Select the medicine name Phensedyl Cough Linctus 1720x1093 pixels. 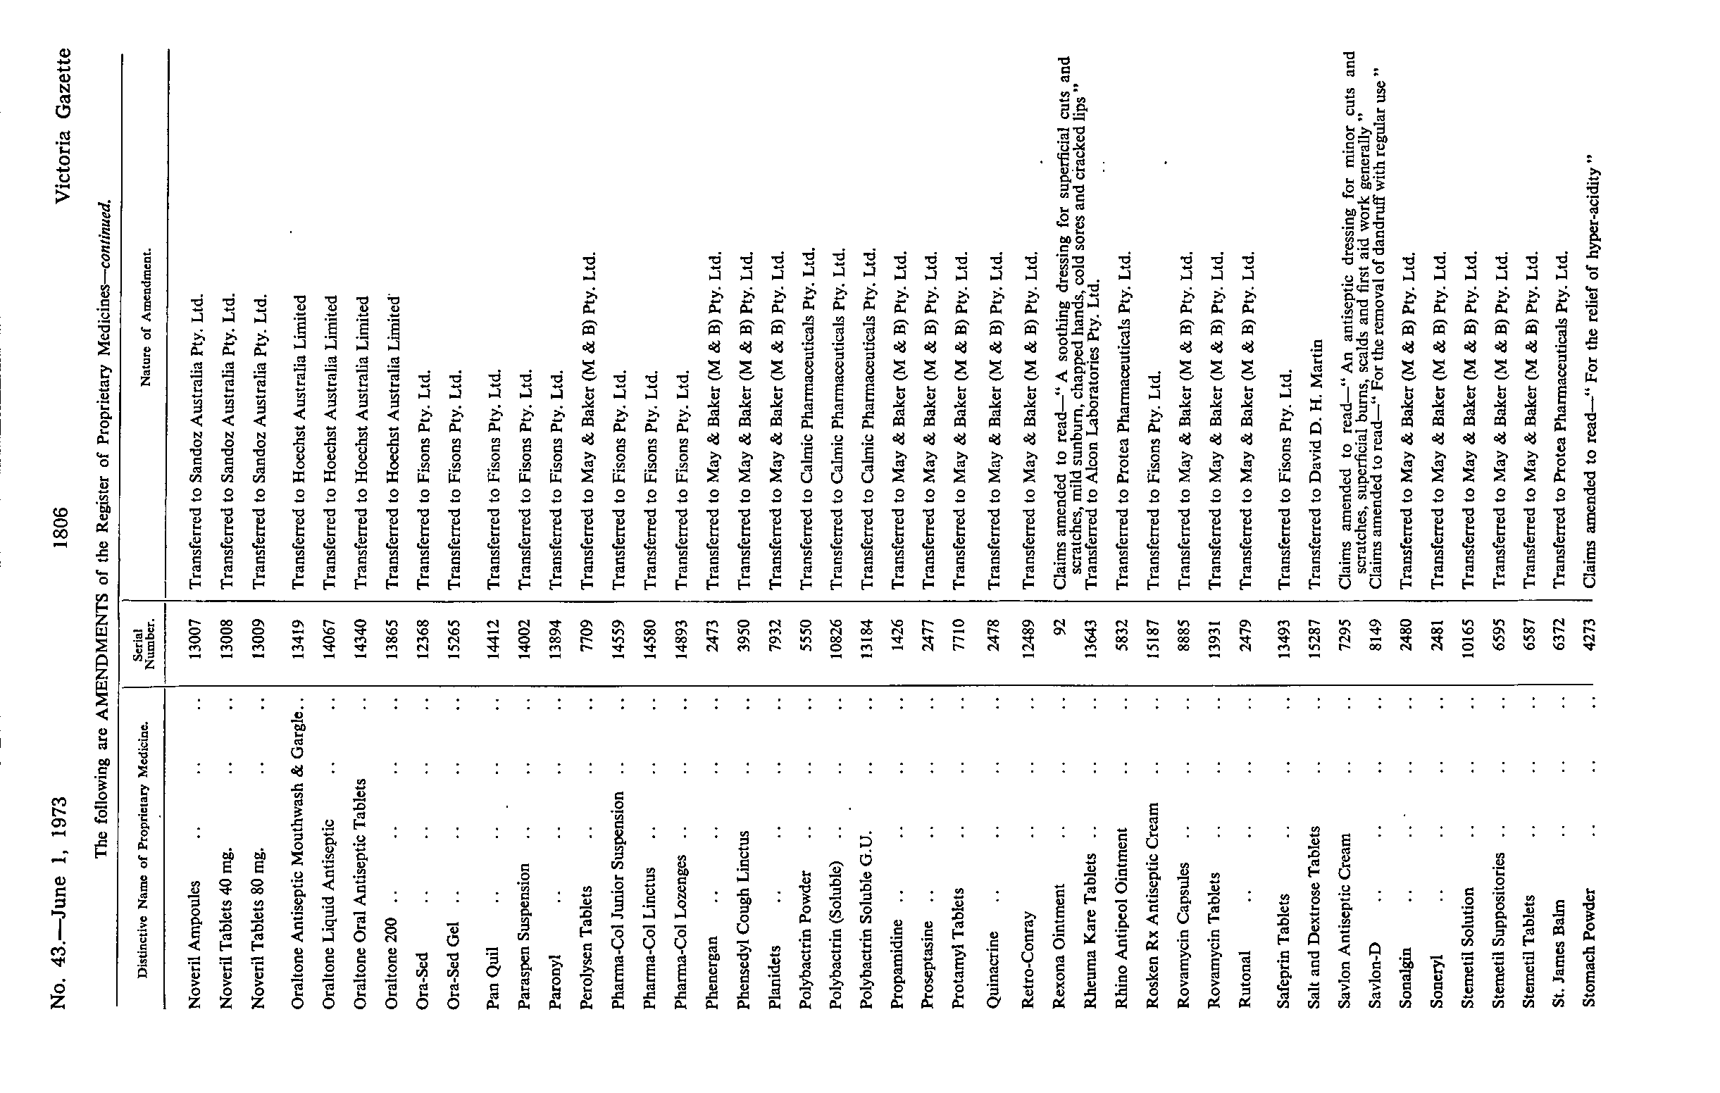pos(744,920)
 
